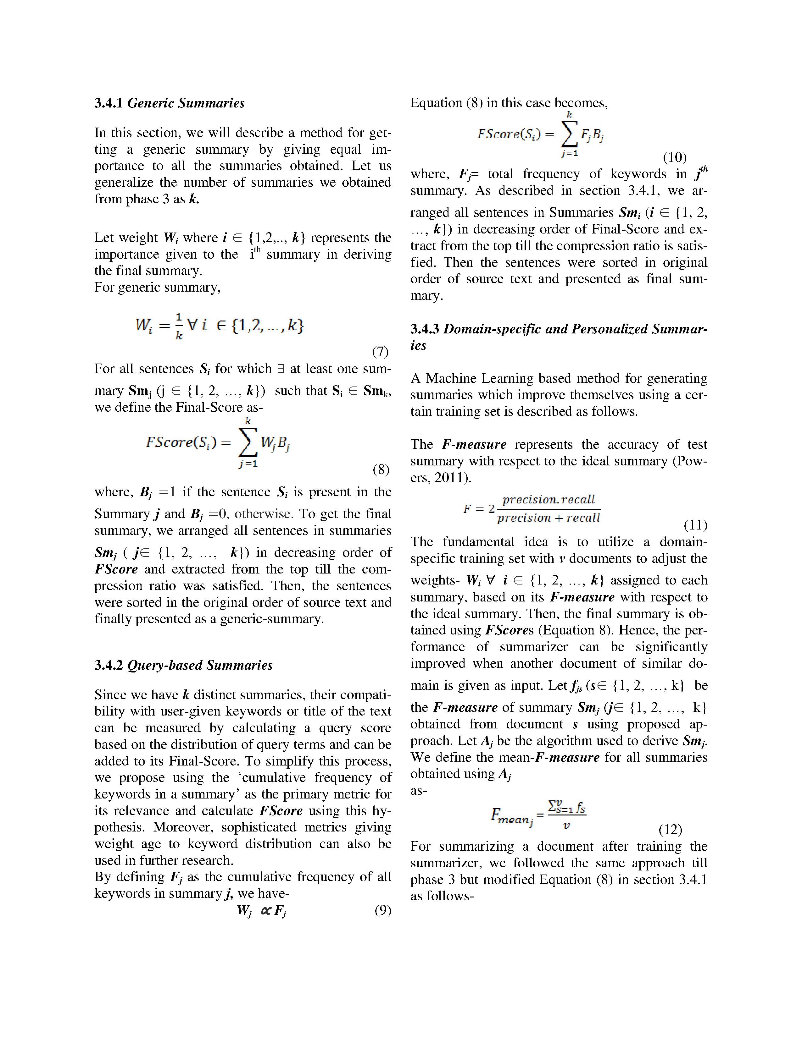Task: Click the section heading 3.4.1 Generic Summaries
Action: pos(169,103)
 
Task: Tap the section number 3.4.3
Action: pos(425,329)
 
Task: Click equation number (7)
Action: pos(380,352)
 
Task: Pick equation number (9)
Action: pos(382,910)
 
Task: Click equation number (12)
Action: pos(670,830)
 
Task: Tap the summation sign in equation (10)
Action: pos(569,136)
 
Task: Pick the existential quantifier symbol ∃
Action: pos(280,369)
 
